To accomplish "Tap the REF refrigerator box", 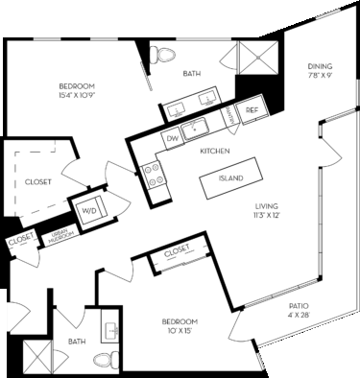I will (252, 110).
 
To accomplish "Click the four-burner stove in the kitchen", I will (152, 174).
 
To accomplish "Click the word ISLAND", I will (231, 178).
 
